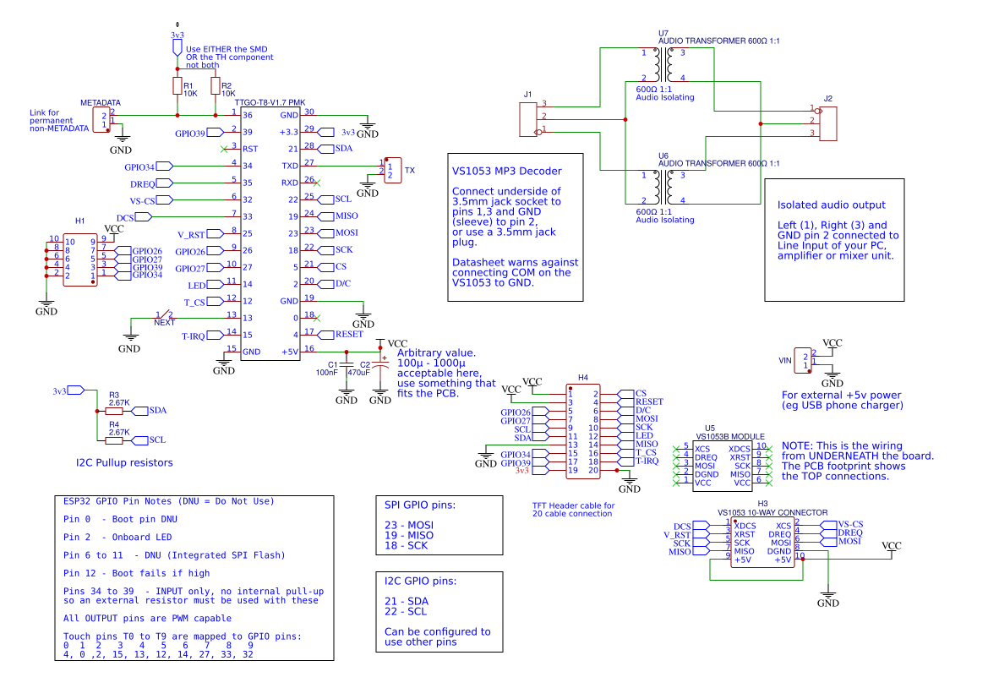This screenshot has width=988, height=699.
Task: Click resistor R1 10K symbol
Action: click(177, 86)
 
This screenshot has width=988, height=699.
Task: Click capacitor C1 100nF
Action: click(346, 365)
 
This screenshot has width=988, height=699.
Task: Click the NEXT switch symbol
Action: click(165, 317)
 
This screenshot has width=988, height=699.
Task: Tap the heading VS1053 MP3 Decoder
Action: click(506, 171)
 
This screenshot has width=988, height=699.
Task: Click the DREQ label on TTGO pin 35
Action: click(142, 183)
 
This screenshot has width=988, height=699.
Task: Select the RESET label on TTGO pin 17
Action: click(348, 334)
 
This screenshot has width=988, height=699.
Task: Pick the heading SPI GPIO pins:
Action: click(420, 505)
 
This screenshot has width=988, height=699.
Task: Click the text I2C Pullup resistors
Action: click(124, 462)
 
